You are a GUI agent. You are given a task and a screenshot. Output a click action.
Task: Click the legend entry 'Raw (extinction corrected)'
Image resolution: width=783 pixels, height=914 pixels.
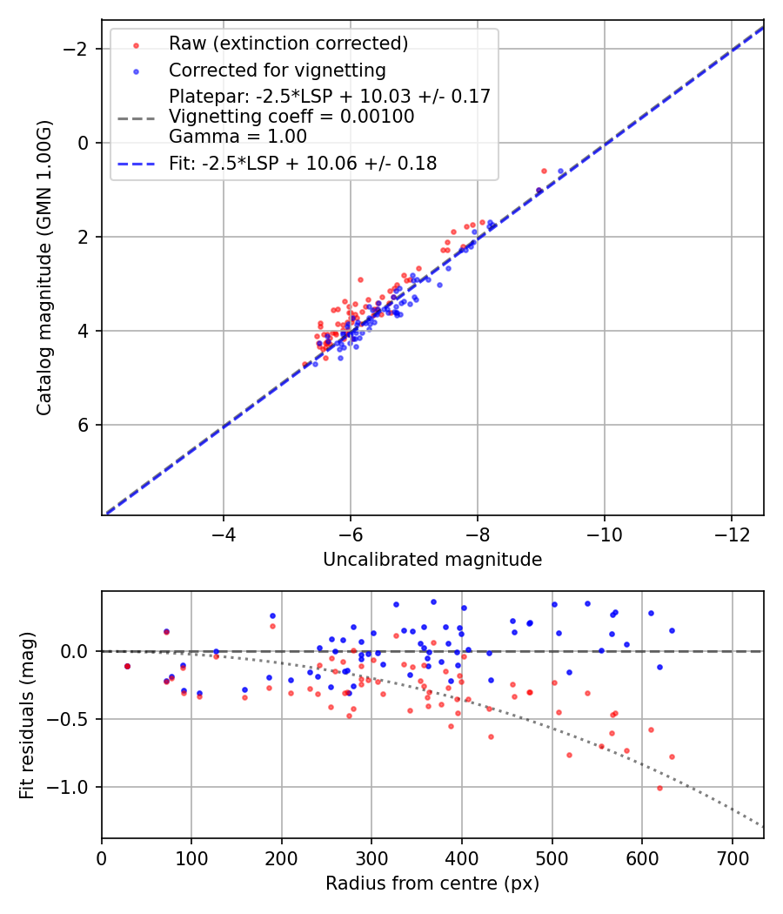(x=288, y=44)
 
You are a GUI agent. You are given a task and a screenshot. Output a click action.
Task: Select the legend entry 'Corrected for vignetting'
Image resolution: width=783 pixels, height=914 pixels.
(x=278, y=70)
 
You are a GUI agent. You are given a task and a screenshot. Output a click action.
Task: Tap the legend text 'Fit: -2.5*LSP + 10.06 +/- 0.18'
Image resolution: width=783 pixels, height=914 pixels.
(x=303, y=163)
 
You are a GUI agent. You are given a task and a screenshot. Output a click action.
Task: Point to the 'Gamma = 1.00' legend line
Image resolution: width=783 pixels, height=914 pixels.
(x=238, y=136)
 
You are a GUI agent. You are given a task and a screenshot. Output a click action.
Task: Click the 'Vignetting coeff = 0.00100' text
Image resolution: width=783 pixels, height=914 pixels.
(x=291, y=116)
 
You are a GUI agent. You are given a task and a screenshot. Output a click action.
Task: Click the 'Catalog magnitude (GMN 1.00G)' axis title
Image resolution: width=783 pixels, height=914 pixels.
(x=44, y=267)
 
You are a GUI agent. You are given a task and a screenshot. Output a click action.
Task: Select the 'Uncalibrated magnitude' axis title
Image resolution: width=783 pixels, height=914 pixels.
(x=432, y=560)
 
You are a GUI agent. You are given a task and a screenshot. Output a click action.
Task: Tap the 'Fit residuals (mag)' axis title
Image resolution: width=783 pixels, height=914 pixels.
(x=26, y=715)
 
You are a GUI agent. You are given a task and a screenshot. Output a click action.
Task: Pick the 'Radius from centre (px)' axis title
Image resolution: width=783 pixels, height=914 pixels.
(x=432, y=884)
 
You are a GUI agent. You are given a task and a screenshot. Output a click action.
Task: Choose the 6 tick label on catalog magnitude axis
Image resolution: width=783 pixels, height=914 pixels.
(x=84, y=425)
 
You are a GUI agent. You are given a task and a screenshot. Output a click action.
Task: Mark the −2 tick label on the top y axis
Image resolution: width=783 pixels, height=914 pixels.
(x=79, y=49)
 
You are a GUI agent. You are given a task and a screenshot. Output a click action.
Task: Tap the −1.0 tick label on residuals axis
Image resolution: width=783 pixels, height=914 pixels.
(x=72, y=787)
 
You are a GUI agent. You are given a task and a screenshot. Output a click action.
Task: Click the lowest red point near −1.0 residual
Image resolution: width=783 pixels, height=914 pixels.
(x=659, y=788)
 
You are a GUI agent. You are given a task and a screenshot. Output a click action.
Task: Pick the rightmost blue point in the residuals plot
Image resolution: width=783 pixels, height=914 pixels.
(x=672, y=630)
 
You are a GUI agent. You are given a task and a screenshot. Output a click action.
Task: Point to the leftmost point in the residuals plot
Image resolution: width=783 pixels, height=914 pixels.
(x=127, y=666)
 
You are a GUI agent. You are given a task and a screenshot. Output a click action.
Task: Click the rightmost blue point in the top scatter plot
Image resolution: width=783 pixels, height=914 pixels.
(x=560, y=171)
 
